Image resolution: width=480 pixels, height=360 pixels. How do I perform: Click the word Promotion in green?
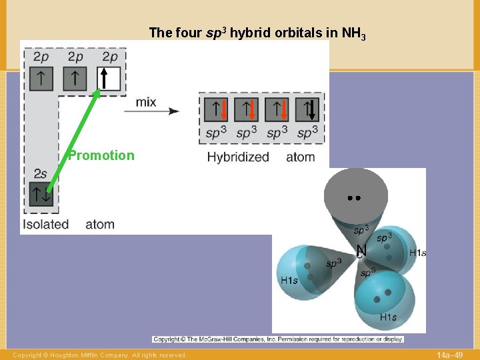coord(101,155)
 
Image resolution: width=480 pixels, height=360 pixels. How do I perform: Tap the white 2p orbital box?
coord(109,79)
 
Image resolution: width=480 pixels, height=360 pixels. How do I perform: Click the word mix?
coord(146,102)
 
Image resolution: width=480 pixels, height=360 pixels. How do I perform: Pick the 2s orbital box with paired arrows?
coord(40,194)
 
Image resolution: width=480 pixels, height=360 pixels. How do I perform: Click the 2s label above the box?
coord(40,174)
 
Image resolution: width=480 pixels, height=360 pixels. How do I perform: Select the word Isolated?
coord(45,224)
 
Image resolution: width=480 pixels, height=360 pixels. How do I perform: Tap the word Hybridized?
coord(238,157)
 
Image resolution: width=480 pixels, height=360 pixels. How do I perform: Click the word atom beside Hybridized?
coord(301,157)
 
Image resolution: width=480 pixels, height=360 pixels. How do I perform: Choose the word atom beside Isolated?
coord(100,224)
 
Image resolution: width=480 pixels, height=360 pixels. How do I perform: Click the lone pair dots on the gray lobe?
coord(354,198)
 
